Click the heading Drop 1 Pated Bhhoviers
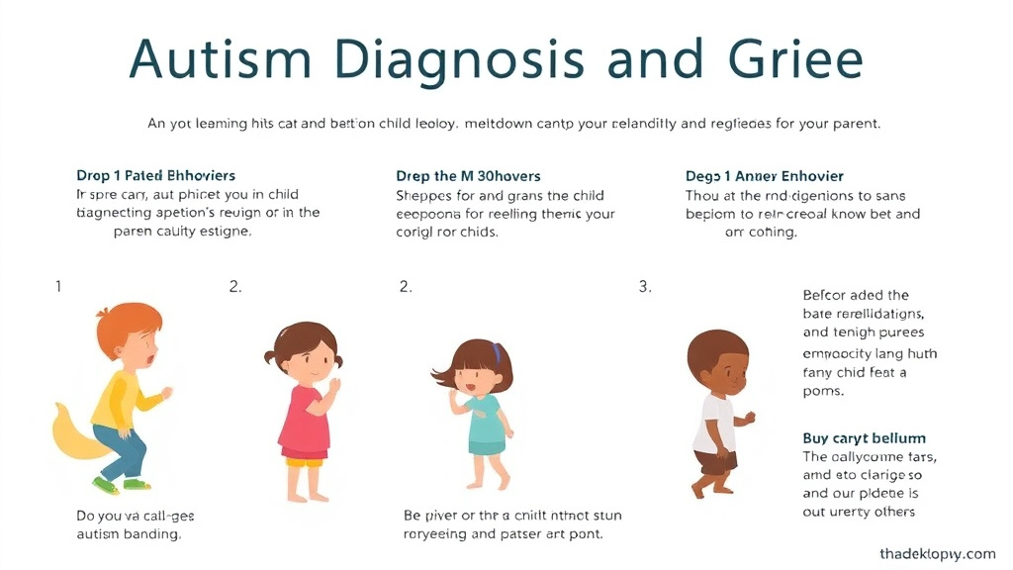pyautogui.click(x=155, y=175)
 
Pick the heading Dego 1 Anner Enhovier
pyautogui.click(x=765, y=175)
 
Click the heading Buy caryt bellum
pyautogui.click(x=864, y=438)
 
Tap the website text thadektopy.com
pyautogui.click(x=937, y=554)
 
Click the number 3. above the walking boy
pyautogui.click(x=645, y=287)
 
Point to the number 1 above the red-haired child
pyautogui.click(x=58, y=287)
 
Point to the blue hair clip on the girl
pyautogui.click(x=498, y=351)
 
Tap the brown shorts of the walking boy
pyautogui.click(x=715, y=461)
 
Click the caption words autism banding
pyautogui.click(x=129, y=534)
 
